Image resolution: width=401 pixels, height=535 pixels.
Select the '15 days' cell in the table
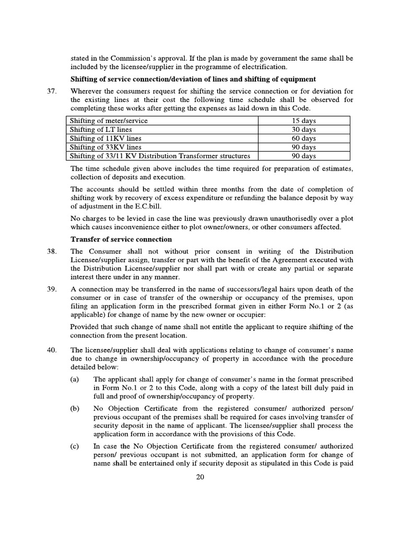[303, 121]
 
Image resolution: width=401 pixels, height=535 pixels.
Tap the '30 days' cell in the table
[303, 130]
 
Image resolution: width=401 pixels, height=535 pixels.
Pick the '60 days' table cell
[303, 138]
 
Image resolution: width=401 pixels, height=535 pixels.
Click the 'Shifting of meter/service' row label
[109, 121]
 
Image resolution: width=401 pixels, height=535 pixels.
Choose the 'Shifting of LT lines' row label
[101, 130]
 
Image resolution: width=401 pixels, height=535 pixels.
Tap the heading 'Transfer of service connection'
[121, 239]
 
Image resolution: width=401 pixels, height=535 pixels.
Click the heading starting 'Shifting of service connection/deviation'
[193, 79]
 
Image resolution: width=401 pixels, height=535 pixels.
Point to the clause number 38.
[51, 252]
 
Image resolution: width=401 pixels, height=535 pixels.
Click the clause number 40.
[51, 350]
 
